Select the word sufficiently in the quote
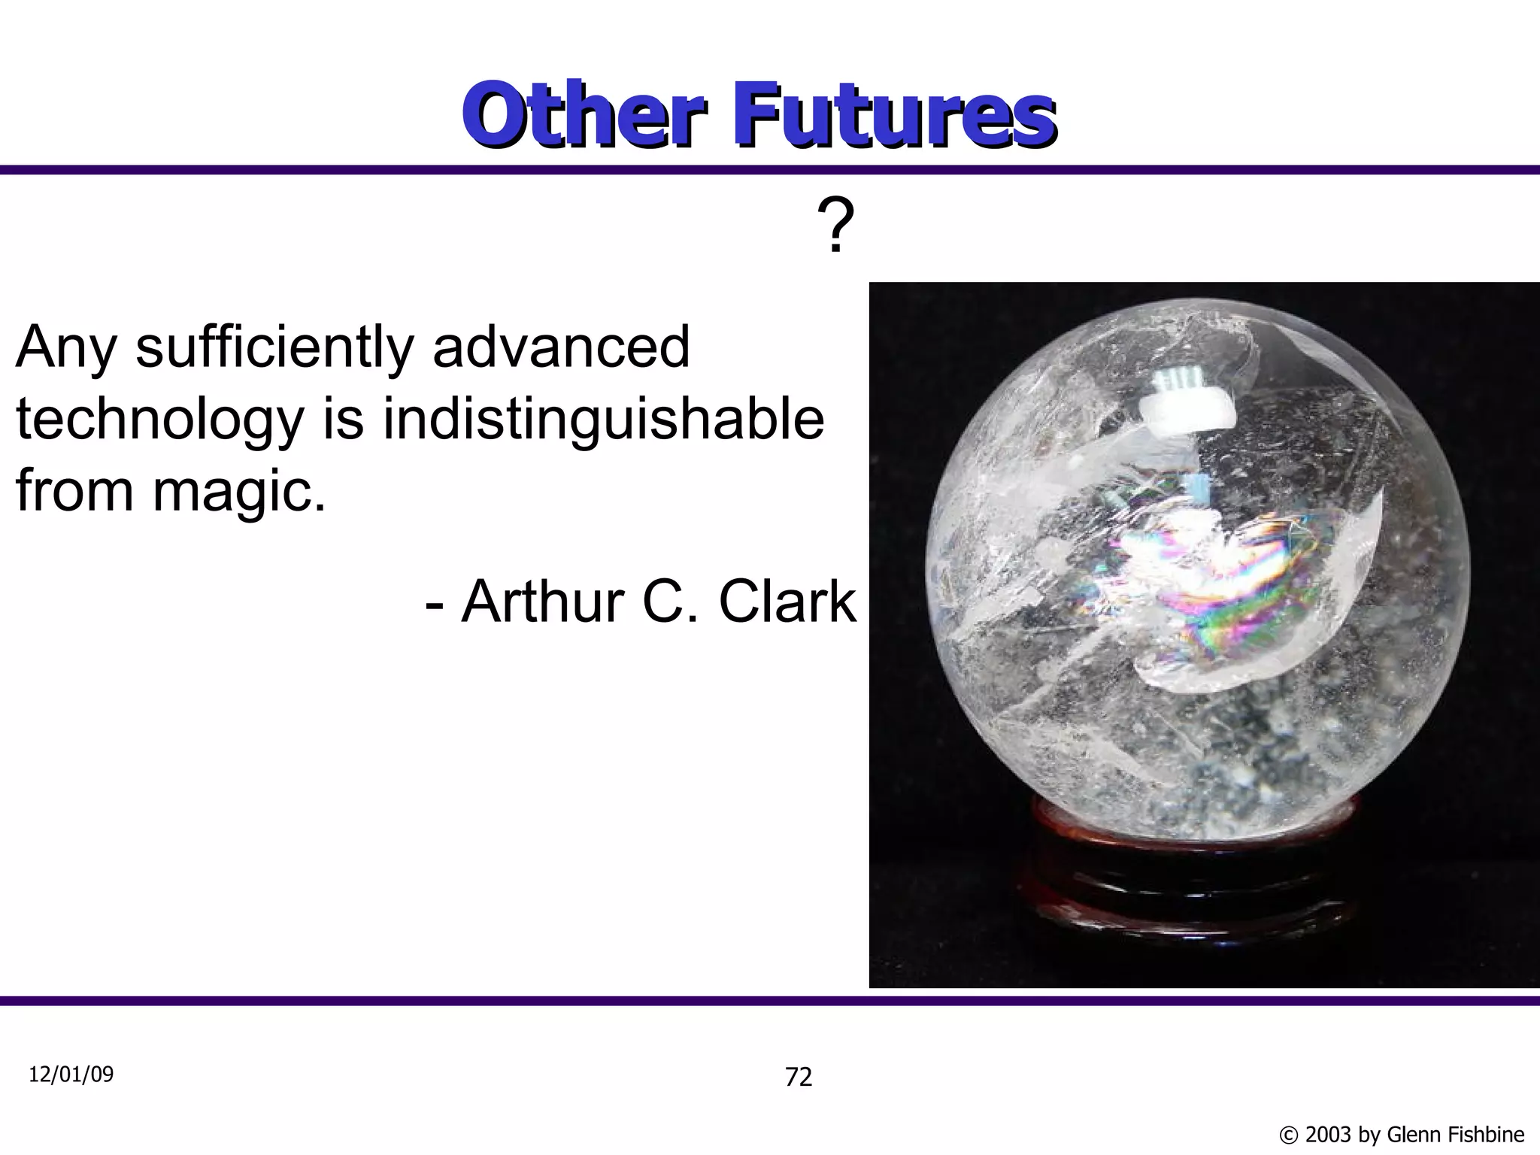pyautogui.click(x=275, y=349)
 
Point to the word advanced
pyautogui.click(x=562, y=347)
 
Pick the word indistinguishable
pyautogui.click(x=603, y=420)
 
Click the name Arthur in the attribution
pyautogui.click(x=543, y=602)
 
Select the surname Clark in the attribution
pyautogui.click(x=787, y=602)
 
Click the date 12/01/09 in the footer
pyautogui.click(x=71, y=1075)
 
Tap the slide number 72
pyautogui.click(x=799, y=1078)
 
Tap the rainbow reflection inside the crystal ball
pyautogui.click(x=1233, y=579)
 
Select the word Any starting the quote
pyautogui.click(x=66, y=349)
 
